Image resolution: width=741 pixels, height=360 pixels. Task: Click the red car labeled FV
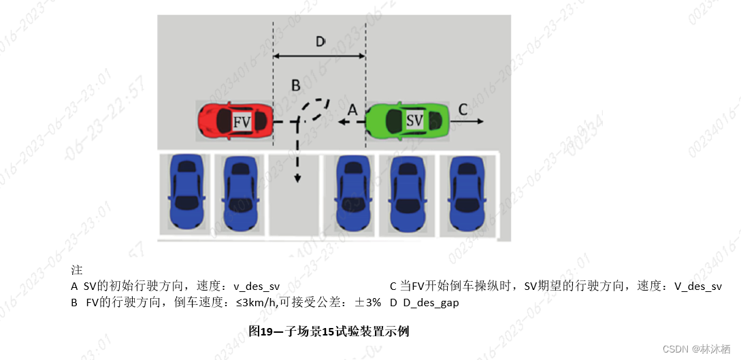(x=234, y=122)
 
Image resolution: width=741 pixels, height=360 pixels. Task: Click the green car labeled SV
(x=407, y=121)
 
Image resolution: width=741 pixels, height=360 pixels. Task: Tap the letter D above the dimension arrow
(x=320, y=42)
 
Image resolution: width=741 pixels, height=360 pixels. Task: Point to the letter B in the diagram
(x=295, y=85)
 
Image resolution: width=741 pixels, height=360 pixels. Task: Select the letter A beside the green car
(x=352, y=109)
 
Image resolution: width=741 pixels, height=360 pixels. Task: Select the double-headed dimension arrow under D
(x=319, y=58)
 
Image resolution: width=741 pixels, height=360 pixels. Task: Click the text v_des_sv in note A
(x=257, y=287)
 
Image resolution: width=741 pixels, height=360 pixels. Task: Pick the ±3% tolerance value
(x=366, y=303)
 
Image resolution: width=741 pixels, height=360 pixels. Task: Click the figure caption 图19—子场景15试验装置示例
(x=329, y=332)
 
